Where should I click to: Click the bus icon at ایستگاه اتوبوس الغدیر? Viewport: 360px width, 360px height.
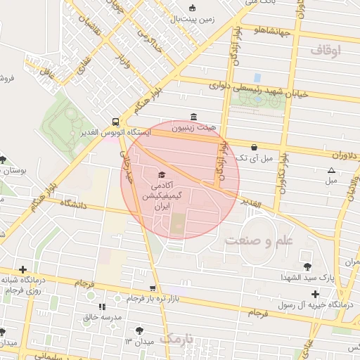tap(115, 120)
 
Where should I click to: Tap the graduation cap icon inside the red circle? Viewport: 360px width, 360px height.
tap(162, 174)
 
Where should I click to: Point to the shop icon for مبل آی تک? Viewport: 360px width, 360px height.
tap(253, 147)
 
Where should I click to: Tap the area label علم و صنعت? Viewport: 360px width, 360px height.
tap(258, 240)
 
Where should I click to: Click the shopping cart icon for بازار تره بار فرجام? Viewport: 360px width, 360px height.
tap(153, 288)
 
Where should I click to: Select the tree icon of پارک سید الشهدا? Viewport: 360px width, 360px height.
tap(307, 266)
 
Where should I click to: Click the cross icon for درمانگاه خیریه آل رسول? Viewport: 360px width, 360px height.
tap(314, 293)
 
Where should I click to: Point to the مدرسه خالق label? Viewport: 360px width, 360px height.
tap(103, 318)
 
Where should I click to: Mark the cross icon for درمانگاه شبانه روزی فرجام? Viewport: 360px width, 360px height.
tap(23, 269)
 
